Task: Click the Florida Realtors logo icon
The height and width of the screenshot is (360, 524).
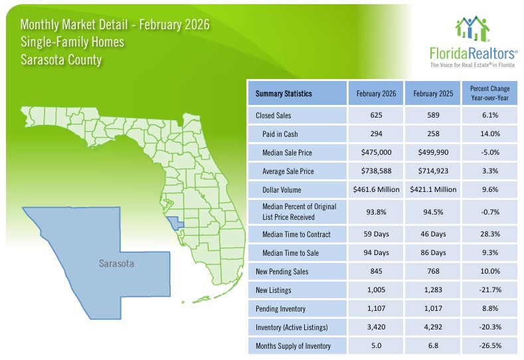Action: [x=472, y=29]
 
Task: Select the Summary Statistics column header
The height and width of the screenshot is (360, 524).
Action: [x=284, y=94]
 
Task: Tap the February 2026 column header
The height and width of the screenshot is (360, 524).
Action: [x=376, y=94]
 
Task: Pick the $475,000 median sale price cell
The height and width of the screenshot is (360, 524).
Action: [x=376, y=153]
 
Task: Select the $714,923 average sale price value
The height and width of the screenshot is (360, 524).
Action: [x=433, y=171]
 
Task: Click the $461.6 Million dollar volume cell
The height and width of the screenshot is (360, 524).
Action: [x=376, y=190]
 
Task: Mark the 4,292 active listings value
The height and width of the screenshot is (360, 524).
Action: [x=433, y=327]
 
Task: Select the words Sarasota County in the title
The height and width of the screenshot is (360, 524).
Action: [x=61, y=60]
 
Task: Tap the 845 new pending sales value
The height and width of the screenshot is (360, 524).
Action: [x=376, y=271]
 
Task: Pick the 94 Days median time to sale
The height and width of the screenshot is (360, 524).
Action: [x=376, y=252]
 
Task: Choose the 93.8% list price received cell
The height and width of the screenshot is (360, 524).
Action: [x=376, y=212]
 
